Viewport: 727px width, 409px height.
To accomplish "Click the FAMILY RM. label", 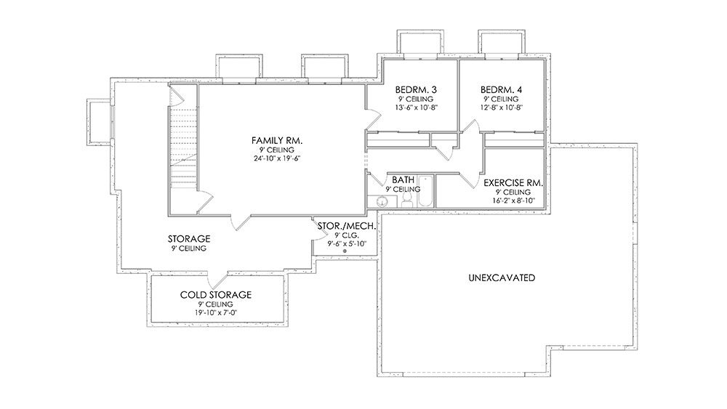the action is pos(277,140).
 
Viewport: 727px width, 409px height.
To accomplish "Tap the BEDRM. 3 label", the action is pos(416,89).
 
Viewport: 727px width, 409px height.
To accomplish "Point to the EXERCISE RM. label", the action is pos(513,183).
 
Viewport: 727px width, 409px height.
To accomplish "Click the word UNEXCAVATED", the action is pos(502,278).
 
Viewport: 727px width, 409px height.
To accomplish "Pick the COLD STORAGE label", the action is pos(216,295).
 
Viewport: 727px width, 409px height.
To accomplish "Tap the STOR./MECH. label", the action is pos(346,226).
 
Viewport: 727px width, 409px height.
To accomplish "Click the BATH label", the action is pos(403,179).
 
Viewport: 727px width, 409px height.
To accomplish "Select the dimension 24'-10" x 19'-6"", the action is pos(277,158).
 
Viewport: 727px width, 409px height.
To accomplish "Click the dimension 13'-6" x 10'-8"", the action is pos(416,108).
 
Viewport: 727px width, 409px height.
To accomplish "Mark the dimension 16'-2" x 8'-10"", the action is pos(514,201).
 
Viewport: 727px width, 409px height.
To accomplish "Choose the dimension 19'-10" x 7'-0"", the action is pos(216,312).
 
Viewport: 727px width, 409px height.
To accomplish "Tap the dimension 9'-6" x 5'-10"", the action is pos(347,243).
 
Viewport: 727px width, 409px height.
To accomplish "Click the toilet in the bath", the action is pos(408,200).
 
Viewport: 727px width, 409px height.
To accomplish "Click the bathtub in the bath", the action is pos(425,191).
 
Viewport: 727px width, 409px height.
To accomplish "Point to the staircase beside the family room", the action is pos(182,148).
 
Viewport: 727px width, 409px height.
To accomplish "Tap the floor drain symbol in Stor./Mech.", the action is pos(345,251).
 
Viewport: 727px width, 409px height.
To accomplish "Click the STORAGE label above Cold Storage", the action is pos(189,239).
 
